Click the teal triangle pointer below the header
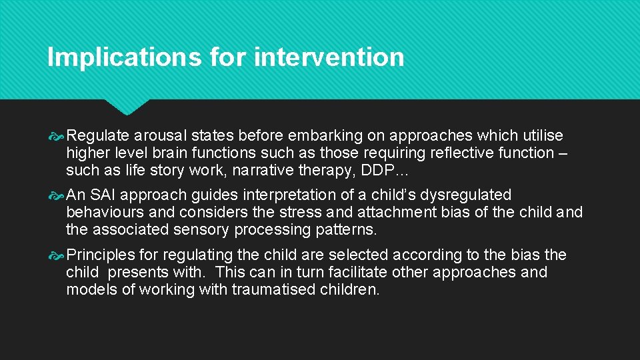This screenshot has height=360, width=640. tap(127, 107)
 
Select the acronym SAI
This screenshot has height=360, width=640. tap(105, 195)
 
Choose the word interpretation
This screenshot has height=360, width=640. tap(283, 195)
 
